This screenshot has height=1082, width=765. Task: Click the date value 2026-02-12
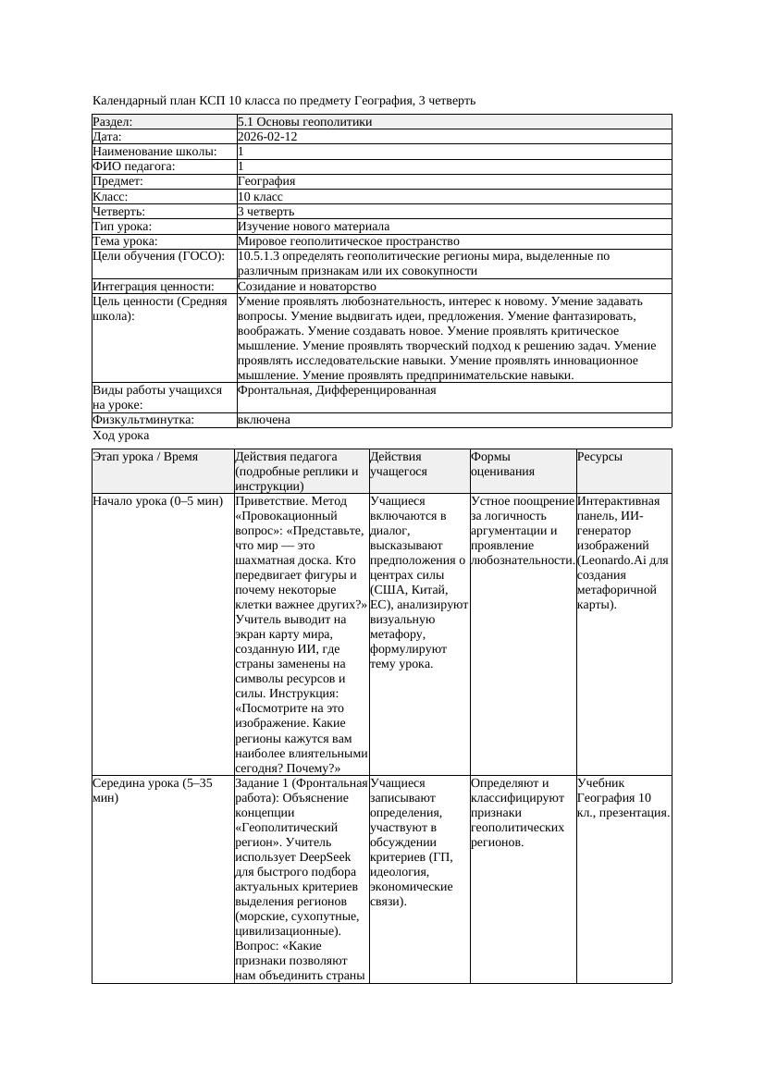point(267,137)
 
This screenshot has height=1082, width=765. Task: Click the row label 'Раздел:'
point(113,122)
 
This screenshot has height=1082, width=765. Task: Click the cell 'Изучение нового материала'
point(314,227)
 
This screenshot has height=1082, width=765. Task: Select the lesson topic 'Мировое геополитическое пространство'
point(349,241)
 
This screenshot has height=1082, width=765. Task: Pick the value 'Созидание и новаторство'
point(306,287)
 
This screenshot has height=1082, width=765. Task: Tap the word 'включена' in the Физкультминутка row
point(264,420)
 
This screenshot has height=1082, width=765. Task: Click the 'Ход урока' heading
point(121,436)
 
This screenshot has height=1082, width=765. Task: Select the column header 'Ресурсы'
point(599,457)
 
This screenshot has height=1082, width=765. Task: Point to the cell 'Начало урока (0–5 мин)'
point(158,501)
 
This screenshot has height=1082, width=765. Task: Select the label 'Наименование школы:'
point(155,152)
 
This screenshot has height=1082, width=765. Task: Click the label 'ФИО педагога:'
point(135,166)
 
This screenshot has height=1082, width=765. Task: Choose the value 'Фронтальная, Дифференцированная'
point(337,390)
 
